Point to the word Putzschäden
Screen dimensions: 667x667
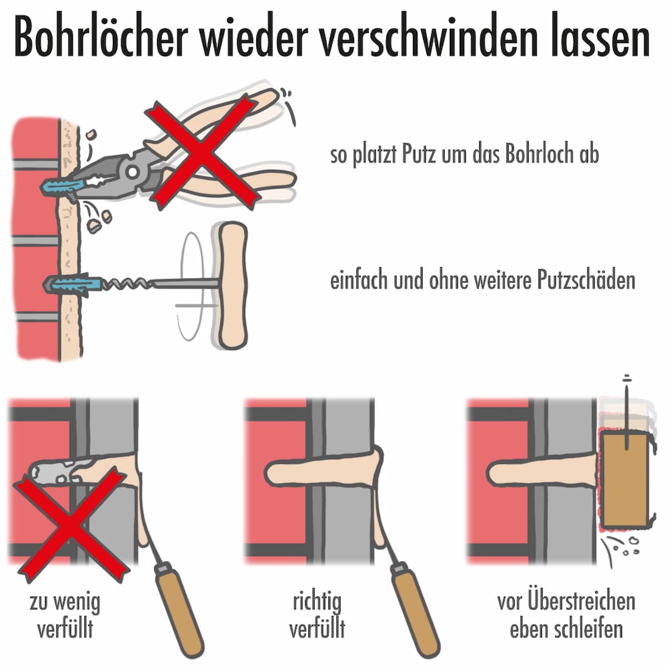586,280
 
